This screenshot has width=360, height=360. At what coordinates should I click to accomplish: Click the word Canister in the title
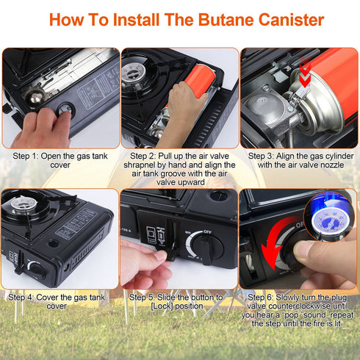285,19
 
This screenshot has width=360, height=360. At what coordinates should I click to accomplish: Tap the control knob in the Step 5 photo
204,251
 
